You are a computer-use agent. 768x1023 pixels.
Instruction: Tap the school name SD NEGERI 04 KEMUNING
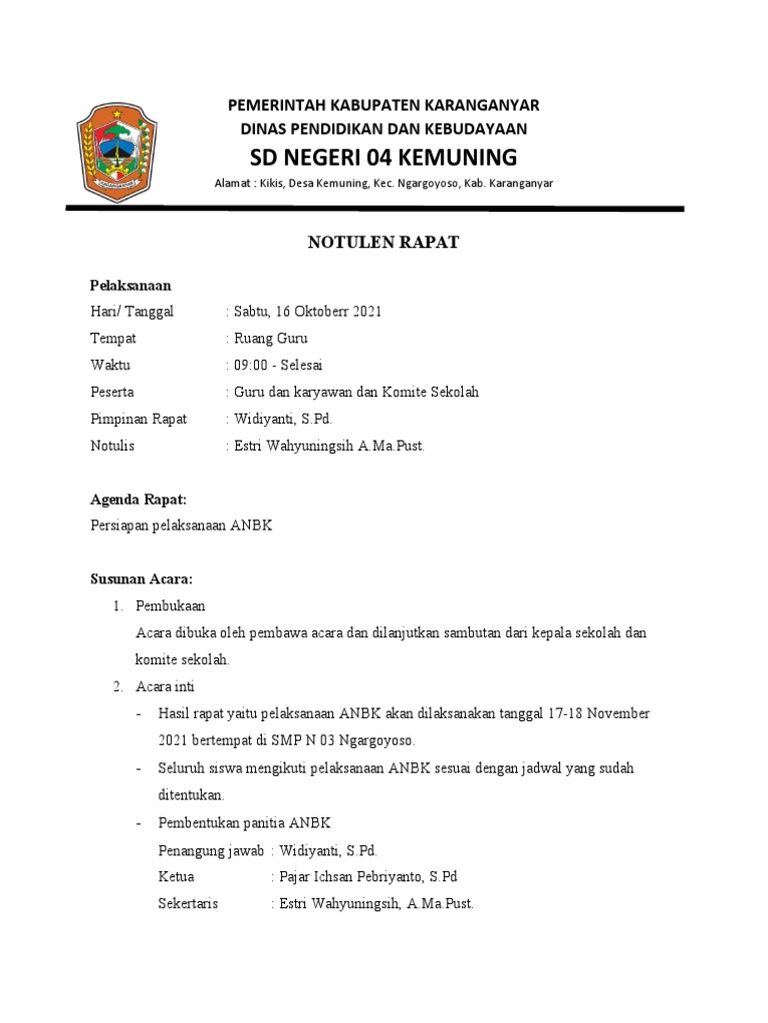(384, 157)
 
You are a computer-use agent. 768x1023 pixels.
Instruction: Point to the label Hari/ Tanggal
(132, 312)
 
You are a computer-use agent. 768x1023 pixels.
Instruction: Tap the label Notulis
(112, 446)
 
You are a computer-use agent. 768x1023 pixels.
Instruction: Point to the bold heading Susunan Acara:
(141, 579)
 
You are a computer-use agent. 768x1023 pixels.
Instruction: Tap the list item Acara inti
(166, 687)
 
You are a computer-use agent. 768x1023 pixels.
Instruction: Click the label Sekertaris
(188, 904)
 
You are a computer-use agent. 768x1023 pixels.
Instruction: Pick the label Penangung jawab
(211, 850)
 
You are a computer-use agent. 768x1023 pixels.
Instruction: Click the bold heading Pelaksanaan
(130, 285)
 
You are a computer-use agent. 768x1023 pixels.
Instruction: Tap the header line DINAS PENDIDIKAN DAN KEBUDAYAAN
(384, 129)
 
